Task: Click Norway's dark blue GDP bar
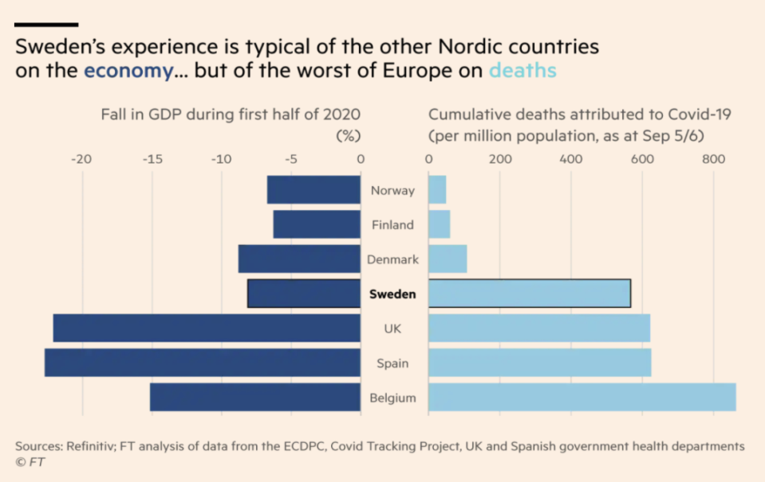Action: point(313,190)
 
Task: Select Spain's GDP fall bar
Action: point(203,362)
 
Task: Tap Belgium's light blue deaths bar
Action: point(582,397)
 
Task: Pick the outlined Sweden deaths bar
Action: point(530,294)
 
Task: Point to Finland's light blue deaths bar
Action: point(439,224)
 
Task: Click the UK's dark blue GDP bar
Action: point(207,328)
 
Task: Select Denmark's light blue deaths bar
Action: point(448,259)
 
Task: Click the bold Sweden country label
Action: point(392,294)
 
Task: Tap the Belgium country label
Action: point(392,397)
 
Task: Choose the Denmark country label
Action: point(392,259)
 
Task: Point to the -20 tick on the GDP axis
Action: point(81,159)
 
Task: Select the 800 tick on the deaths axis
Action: point(713,159)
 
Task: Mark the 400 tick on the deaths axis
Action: point(571,159)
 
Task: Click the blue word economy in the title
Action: point(128,71)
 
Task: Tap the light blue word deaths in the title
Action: point(522,71)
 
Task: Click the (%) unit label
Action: point(348,135)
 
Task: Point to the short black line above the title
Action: point(46,25)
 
